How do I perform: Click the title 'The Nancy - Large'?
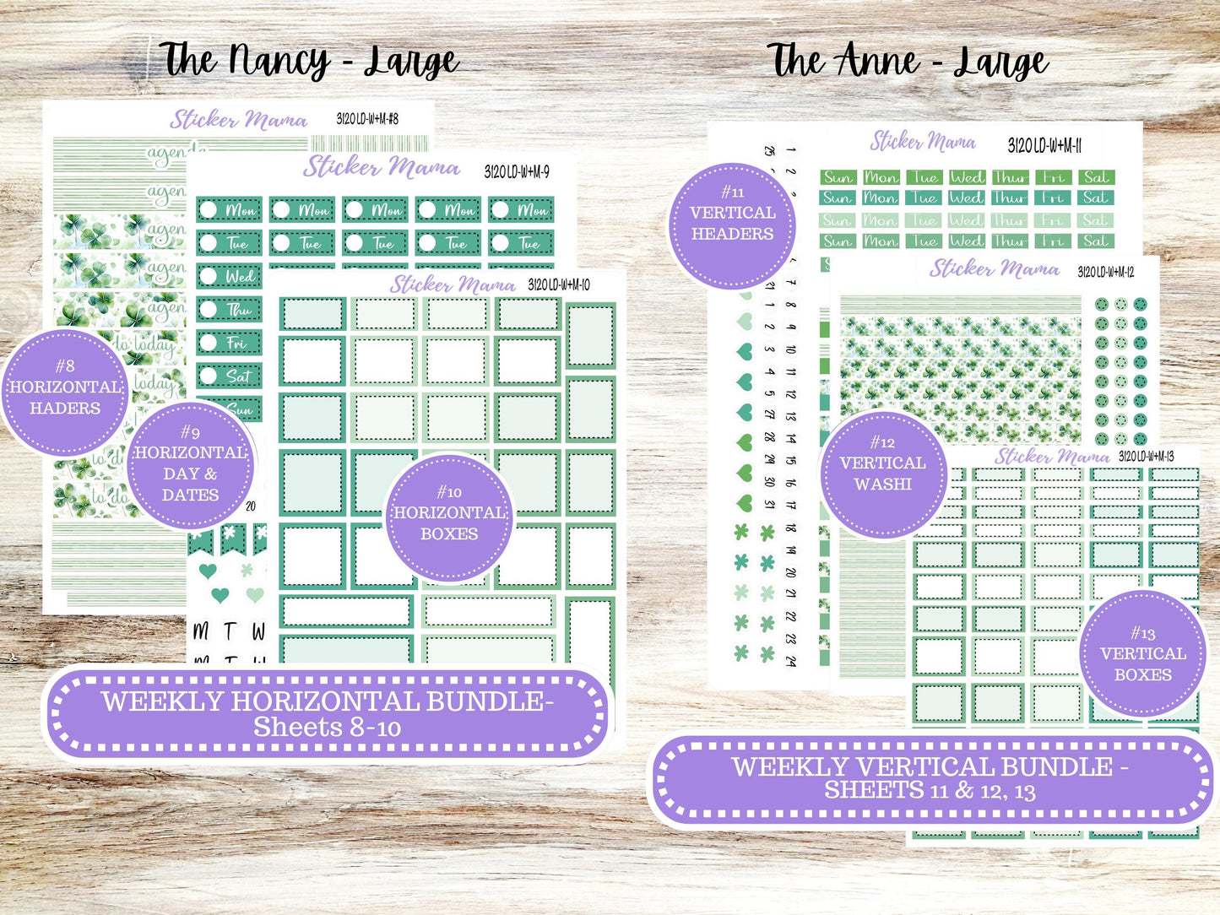pos(309,61)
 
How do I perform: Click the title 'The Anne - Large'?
pos(908,61)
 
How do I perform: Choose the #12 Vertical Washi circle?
pos(883,474)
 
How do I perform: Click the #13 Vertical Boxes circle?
pos(1142,653)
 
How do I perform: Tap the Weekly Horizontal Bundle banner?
pos(327,713)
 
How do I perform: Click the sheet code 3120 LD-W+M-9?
pos(517,172)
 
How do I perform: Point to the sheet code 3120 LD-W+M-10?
pos(559,285)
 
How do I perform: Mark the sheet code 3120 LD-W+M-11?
pos(1044,146)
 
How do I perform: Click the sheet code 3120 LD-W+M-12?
pos(1105,272)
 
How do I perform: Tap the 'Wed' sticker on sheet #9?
pos(230,277)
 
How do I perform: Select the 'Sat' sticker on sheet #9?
pos(230,376)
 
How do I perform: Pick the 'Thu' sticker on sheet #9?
pos(230,310)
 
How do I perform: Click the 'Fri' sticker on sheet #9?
pos(230,344)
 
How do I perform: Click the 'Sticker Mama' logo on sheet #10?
pos(453,285)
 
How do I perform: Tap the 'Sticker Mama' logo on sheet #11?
pos(923,141)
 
